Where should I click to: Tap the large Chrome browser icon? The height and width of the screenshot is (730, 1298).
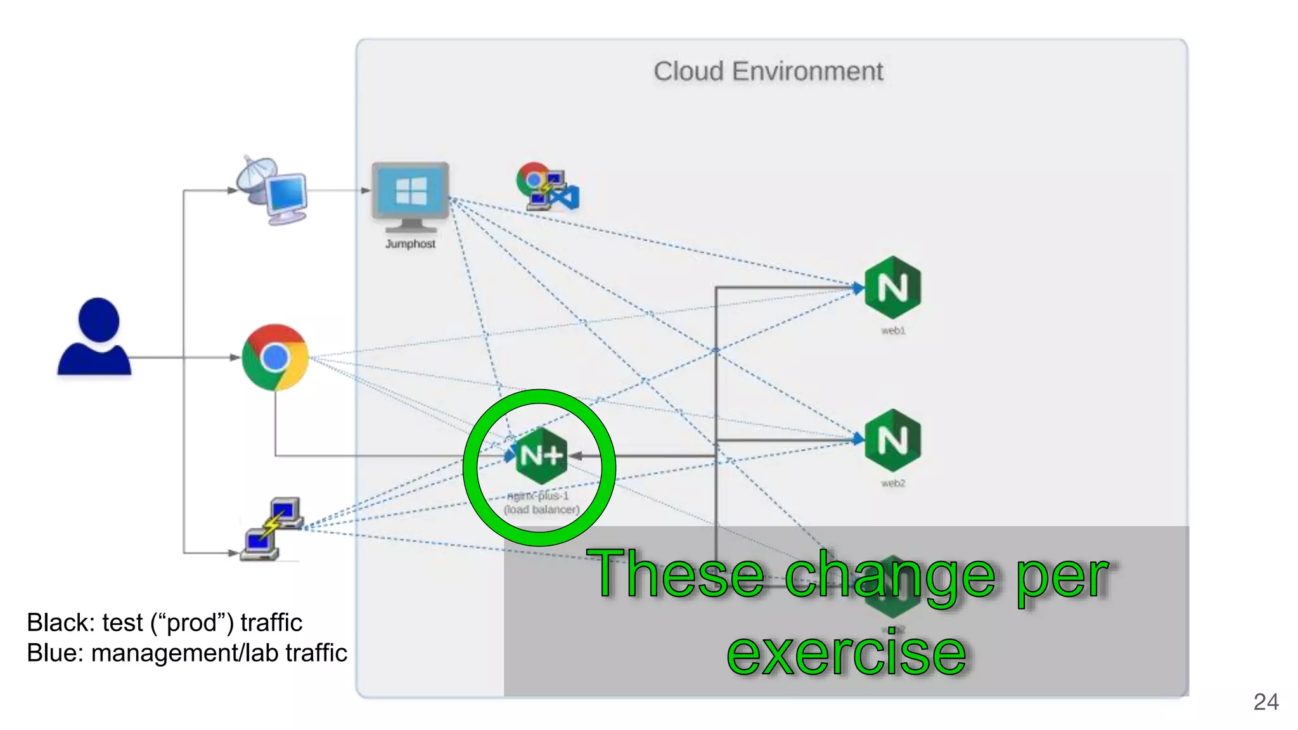275,357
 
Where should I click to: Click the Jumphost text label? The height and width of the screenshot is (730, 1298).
410,244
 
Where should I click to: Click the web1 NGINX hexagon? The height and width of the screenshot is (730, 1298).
892,287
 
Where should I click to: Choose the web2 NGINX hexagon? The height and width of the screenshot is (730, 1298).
892,440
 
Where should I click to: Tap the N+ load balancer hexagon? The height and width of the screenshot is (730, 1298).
541,455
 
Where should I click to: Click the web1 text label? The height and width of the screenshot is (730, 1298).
893,331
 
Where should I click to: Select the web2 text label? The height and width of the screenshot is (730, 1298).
893,483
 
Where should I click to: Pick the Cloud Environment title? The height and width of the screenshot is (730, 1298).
768,72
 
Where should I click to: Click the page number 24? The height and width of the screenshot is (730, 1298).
1266,702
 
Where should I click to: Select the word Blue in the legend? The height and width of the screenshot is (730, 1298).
51,653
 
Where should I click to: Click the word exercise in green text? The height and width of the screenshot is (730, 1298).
846,653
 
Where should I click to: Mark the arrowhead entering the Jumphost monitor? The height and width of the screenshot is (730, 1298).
366,190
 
